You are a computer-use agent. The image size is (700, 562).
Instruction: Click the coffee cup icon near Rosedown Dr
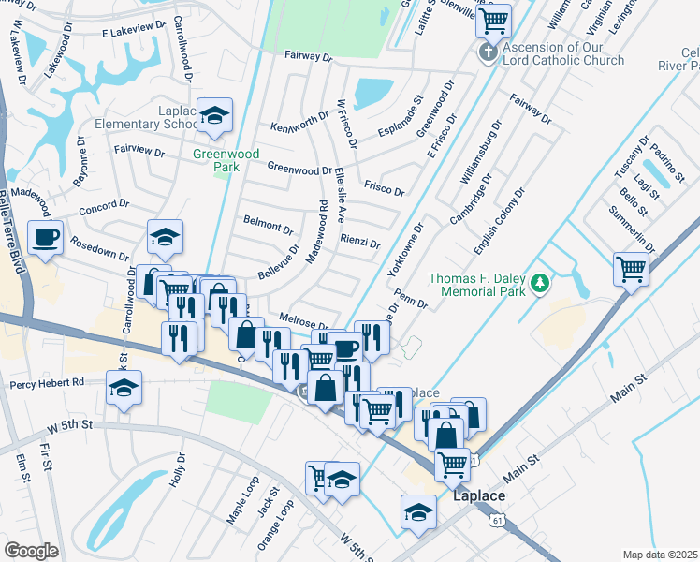pyautogui.click(x=45, y=237)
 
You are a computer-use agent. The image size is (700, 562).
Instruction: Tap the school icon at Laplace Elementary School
pyautogui.click(x=215, y=116)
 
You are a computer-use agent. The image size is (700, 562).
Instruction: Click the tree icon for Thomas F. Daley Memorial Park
pyautogui.click(x=539, y=282)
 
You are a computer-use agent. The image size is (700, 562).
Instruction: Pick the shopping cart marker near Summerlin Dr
pyautogui.click(x=632, y=270)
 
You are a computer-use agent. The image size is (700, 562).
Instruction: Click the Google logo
pyautogui.click(x=31, y=551)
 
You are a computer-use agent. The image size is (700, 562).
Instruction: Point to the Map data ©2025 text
pyautogui.click(x=661, y=555)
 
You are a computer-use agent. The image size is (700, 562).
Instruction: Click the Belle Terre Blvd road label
pyautogui.click(x=14, y=230)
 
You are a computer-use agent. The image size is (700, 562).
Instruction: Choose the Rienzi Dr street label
pyautogui.click(x=360, y=242)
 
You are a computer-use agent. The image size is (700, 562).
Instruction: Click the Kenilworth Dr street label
pyautogui.click(x=299, y=126)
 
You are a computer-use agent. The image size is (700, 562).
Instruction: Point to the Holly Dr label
pyautogui.click(x=178, y=469)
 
